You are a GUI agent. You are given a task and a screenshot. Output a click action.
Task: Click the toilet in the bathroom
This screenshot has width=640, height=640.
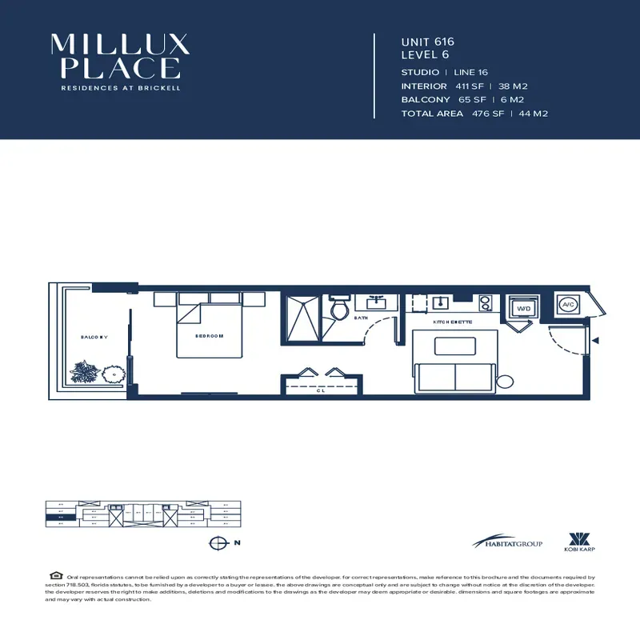(338, 308)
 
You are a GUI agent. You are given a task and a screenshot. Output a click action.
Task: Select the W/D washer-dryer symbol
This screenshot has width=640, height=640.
(523, 307)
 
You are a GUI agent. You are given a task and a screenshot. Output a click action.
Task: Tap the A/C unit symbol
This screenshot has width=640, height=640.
(568, 305)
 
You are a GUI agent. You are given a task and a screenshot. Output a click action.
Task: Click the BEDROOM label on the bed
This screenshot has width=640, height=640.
(209, 336)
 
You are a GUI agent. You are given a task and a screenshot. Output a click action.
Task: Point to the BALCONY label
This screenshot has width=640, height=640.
(94, 338)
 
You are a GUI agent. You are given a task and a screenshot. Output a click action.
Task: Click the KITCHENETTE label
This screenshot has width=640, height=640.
(453, 322)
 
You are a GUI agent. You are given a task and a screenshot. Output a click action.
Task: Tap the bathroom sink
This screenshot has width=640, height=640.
(375, 303)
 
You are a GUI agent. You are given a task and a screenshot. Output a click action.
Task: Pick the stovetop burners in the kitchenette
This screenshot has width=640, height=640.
(484, 304)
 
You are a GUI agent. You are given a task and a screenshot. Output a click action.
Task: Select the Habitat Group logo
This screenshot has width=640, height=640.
(506, 542)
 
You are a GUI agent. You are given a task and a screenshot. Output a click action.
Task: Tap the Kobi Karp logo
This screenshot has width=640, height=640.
(578, 542)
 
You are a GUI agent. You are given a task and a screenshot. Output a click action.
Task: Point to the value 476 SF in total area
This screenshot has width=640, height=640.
(487, 114)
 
